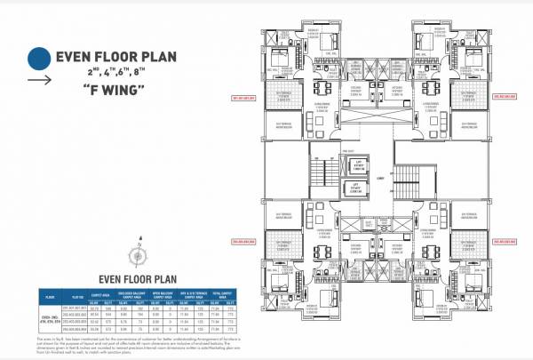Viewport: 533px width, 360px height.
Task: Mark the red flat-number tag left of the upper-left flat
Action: pos(243,98)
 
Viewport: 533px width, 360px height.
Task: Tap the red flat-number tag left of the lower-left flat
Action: pos(243,240)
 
